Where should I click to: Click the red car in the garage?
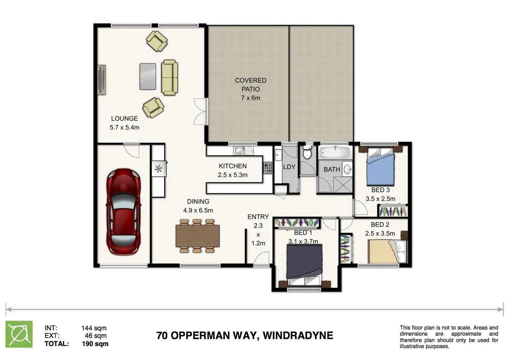coord(123,212)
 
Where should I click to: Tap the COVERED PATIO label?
coord(251,85)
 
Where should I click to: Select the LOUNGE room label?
coord(124,118)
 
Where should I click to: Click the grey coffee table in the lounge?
coord(148,76)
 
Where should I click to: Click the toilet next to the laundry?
coord(307,153)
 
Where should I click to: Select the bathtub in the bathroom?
coord(334,153)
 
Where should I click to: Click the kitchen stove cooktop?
coord(268,168)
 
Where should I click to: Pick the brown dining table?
coord(198,236)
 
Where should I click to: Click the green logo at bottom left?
coord(19,334)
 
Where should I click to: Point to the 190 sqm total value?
coord(95,344)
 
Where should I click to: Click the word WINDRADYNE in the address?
coord(298,335)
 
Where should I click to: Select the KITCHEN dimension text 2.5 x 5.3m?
coord(233,175)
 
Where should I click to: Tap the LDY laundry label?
coord(289,167)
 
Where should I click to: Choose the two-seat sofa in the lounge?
coord(170,77)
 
